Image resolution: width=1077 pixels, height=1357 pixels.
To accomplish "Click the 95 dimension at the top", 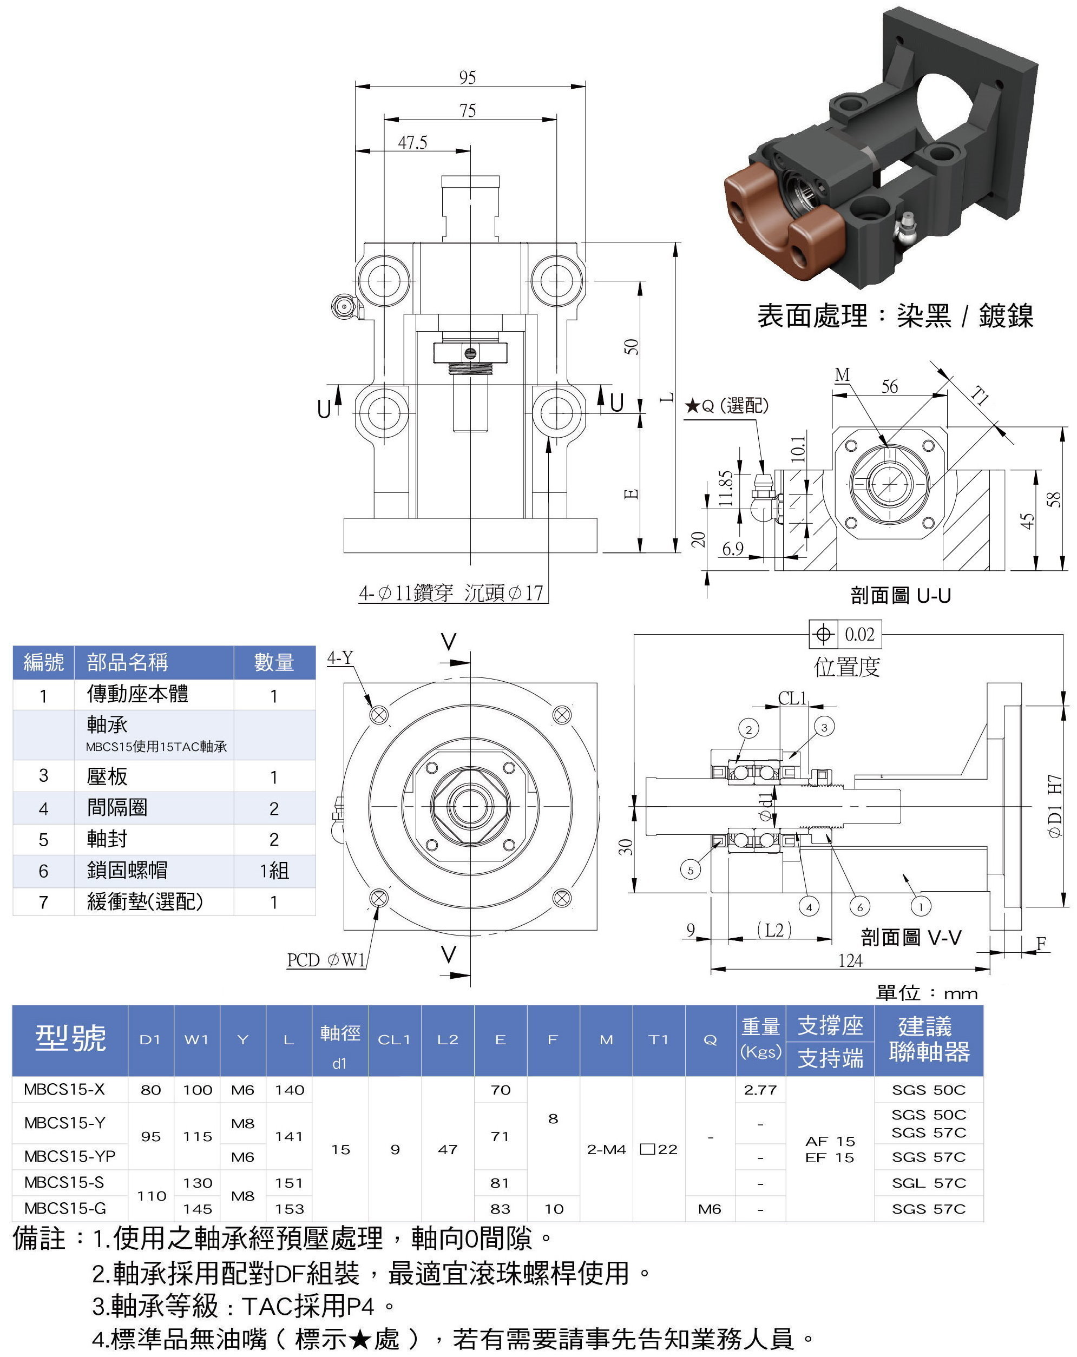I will pos(467,77).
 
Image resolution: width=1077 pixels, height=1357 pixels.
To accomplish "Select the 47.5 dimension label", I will pos(412,143).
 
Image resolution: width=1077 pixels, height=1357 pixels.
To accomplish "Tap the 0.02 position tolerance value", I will pos(859,635).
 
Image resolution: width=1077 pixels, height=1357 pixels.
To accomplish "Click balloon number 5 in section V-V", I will pos(690,871).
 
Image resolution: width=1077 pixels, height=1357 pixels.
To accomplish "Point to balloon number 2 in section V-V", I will pos(748,729).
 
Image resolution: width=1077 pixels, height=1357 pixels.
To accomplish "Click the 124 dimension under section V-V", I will pos(850,960).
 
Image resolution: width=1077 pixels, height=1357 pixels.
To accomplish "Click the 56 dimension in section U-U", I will pos(889,387).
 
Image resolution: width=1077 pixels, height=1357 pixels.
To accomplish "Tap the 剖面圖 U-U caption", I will pos(900,595).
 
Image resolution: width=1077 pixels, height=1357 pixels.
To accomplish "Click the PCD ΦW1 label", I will pos(325,960).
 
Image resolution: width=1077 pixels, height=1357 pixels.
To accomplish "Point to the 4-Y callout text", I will pos(340,658).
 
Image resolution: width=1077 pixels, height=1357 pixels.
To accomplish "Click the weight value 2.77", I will pos(760,1090).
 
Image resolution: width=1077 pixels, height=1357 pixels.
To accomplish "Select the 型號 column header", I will pos(70,1038).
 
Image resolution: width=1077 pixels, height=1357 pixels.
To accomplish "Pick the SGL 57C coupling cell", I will pos(929,1183).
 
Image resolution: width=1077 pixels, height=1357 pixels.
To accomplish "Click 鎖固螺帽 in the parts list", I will pos(127,871).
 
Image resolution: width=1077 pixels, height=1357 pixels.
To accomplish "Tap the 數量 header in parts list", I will pos(274,662).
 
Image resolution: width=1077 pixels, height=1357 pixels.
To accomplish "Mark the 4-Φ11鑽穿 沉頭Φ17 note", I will pos(451,593).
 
